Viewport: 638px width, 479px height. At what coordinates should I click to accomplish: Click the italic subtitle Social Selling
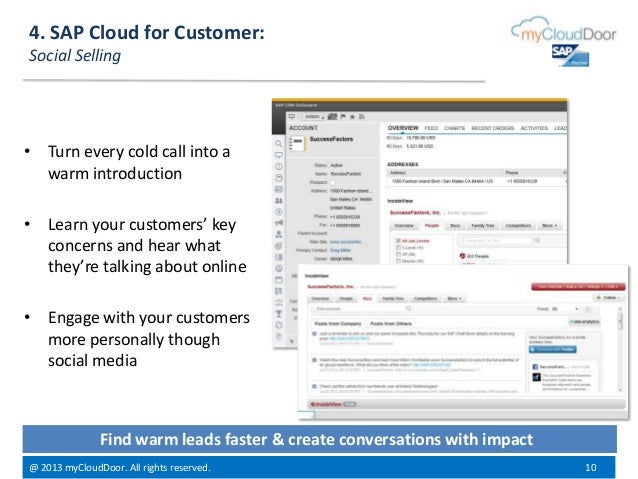click(x=75, y=56)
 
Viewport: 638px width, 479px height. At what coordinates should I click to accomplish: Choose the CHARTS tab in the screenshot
click(x=458, y=129)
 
